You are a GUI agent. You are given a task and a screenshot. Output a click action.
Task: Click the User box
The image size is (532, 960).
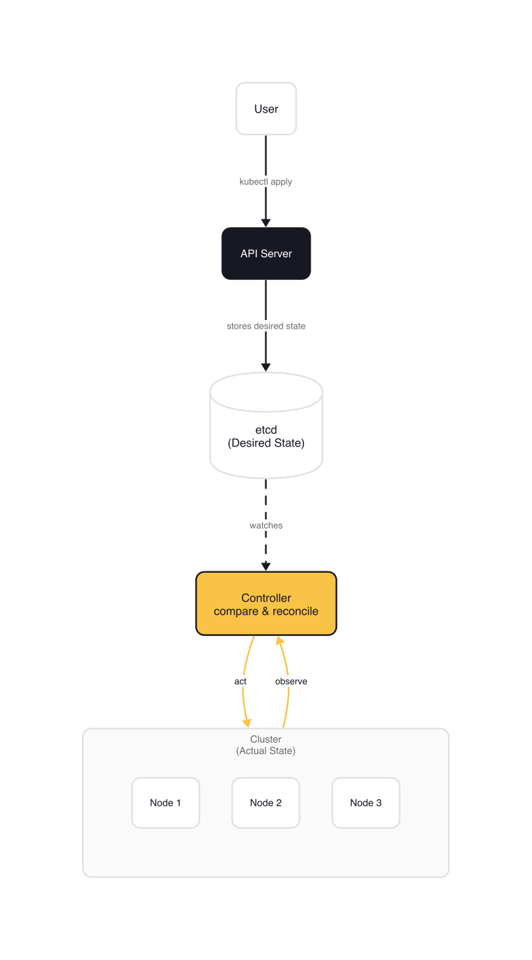coord(266,109)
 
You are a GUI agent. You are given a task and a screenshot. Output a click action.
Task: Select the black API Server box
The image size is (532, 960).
coord(266,253)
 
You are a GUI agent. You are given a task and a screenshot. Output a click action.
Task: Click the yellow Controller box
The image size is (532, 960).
coord(266,603)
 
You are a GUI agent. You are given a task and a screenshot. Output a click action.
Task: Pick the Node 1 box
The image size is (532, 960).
coord(165,803)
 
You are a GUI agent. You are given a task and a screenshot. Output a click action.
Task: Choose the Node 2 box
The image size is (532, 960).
coord(266,803)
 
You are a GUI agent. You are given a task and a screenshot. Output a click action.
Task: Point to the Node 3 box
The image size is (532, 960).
coord(366,803)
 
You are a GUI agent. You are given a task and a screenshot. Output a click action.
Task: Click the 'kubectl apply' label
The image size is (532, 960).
coord(266,181)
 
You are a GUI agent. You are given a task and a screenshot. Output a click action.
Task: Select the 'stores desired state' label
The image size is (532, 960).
coord(266,326)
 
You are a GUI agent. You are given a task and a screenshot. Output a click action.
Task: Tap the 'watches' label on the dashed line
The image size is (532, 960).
coord(266,525)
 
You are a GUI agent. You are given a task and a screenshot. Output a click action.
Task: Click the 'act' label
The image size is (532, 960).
coord(241,681)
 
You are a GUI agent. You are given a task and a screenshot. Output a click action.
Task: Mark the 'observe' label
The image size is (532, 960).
coord(291,681)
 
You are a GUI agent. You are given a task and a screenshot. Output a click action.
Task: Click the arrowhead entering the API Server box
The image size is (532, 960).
coord(266,223)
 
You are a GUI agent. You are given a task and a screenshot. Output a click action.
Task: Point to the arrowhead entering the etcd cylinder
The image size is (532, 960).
coord(266,367)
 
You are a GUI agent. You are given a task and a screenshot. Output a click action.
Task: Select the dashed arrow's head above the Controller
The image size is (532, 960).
coord(266,567)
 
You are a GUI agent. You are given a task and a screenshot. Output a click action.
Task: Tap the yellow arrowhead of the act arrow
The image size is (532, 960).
coord(247,723)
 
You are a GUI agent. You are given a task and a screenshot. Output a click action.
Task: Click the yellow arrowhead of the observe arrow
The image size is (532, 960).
coord(280,641)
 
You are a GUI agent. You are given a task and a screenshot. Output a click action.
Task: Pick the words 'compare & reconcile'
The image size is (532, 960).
coord(266,611)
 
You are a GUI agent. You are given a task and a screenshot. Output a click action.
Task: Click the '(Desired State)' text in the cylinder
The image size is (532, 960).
coord(266,443)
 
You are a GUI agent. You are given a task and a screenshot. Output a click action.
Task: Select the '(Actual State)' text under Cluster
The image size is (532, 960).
coord(266,751)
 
